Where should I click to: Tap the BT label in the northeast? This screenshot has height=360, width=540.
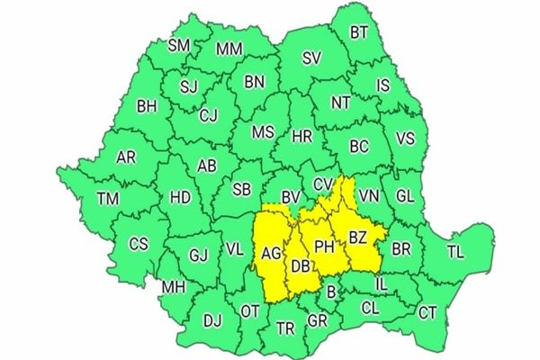point(359,31)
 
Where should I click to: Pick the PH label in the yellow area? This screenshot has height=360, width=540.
point(324,245)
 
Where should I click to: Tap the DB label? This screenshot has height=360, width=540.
point(301,265)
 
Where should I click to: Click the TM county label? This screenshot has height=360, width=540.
point(108,198)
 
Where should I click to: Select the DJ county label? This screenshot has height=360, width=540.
point(212,319)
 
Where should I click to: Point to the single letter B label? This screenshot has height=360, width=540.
point(331,291)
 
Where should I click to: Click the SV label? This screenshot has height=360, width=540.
point(311,58)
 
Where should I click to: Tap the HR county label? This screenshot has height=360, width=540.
point(303,138)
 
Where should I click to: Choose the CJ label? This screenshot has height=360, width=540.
point(209,115)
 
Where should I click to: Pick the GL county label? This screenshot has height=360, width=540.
point(405,196)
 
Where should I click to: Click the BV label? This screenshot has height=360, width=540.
point(290,196)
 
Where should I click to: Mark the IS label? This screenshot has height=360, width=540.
point(383,86)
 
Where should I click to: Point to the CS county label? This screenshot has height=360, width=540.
point(138,243)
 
